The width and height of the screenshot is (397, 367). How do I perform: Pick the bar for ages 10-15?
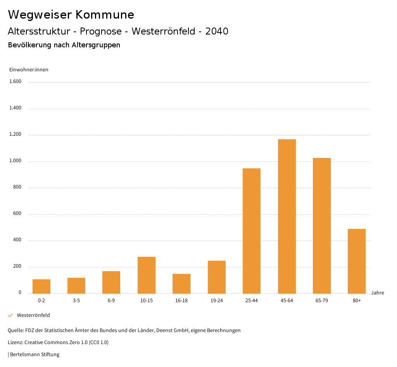point(147,275)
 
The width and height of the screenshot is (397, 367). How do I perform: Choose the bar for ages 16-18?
point(181,284)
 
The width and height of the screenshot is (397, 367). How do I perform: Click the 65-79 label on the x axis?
point(322,301)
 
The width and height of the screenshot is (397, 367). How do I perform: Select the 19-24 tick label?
point(217,301)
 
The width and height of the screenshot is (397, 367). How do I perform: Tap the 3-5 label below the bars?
point(76,301)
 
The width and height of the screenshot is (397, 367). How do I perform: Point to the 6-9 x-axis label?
point(111,301)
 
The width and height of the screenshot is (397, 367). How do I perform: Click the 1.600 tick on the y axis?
point(15,81)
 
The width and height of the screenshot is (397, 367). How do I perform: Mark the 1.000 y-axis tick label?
point(15,161)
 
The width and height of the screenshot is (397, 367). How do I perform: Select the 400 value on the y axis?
point(17,240)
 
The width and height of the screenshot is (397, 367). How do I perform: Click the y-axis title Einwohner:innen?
point(29,70)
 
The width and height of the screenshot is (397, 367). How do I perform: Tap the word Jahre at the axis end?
point(378,293)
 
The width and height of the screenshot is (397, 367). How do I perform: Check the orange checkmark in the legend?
point(10,315)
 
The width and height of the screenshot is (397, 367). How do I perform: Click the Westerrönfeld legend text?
point(33,315)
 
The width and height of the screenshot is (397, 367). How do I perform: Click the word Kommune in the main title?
point(105,15)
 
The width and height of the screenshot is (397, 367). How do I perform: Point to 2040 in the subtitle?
point(217,31)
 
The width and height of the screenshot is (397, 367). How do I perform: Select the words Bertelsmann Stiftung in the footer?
point(35,355)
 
